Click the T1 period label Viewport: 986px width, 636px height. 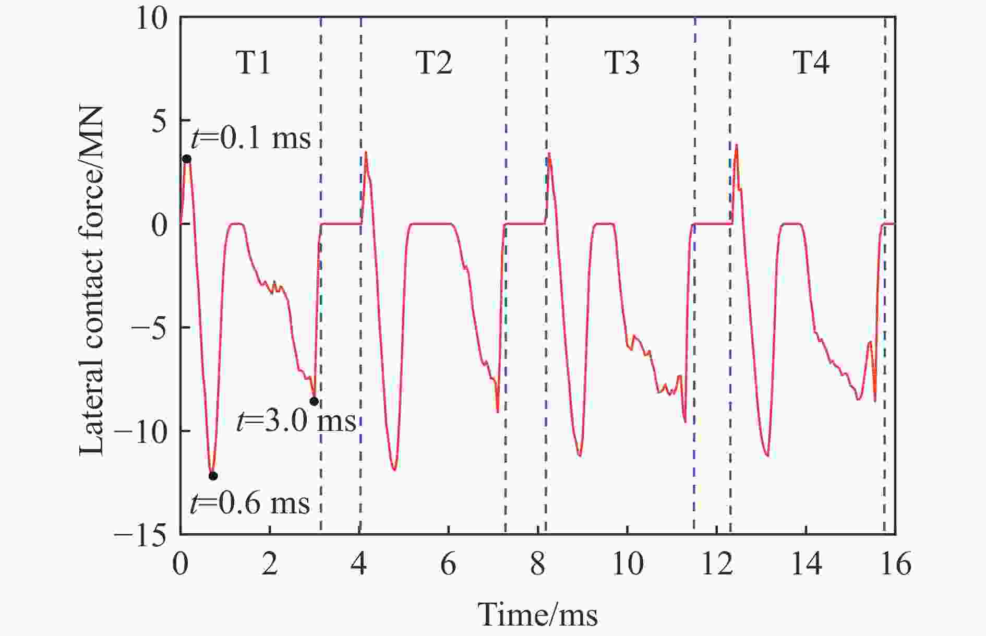[x=254, y=64]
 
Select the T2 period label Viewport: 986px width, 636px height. [x=434, y=64]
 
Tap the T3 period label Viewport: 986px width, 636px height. [x=622, y=64]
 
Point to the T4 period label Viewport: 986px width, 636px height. [x=811, y=64]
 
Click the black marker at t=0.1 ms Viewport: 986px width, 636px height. [x=187, y=159]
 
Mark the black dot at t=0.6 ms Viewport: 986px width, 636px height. [x=213, y=476]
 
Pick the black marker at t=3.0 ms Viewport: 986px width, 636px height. [x=314, y=401]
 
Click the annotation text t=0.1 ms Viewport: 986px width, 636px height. [x=250, y=138]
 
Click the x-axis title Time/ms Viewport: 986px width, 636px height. [x=537, y=614]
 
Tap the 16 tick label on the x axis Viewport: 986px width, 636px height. [x=895, y=565]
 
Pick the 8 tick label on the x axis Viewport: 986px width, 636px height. [x=538, y=565]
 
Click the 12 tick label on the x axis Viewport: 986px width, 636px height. [x=716, y=565]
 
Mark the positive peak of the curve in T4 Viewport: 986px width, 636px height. [x=736, y=145]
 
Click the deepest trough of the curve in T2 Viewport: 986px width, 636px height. [x=394, y=470]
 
